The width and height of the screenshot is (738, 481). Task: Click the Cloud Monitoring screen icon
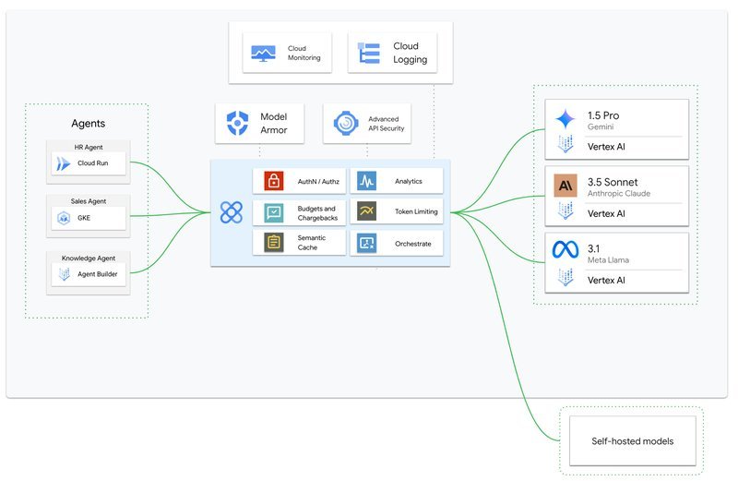(263, 54)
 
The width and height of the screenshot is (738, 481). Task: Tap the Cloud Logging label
(410, 53)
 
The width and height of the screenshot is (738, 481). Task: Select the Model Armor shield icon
(237, 123)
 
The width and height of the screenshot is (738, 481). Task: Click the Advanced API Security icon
(346, 124)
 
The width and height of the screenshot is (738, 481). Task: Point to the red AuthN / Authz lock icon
(273, 181)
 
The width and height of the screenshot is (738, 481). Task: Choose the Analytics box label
(408, 181)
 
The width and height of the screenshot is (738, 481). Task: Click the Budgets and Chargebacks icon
(273, 212)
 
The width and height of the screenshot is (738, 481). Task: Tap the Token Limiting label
(416, 211)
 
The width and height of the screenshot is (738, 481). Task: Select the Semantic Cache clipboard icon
(273, 243)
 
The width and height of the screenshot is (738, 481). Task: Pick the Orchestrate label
(412, 244)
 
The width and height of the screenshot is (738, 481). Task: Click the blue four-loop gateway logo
(232, 212)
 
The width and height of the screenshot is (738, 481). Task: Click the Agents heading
(88, 124)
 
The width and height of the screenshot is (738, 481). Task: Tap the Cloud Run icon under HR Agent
(63, 163)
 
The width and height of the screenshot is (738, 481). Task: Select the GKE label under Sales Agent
(84, 218)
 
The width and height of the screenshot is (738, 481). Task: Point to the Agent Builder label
(98, 273)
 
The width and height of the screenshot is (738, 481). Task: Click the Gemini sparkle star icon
(565, 119)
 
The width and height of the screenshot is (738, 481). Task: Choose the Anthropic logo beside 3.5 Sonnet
(565, 186)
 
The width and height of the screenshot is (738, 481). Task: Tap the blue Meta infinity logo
(565, 249)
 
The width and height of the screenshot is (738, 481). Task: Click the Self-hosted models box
(632, 441)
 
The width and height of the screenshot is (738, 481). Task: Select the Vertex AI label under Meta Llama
(606, 281)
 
